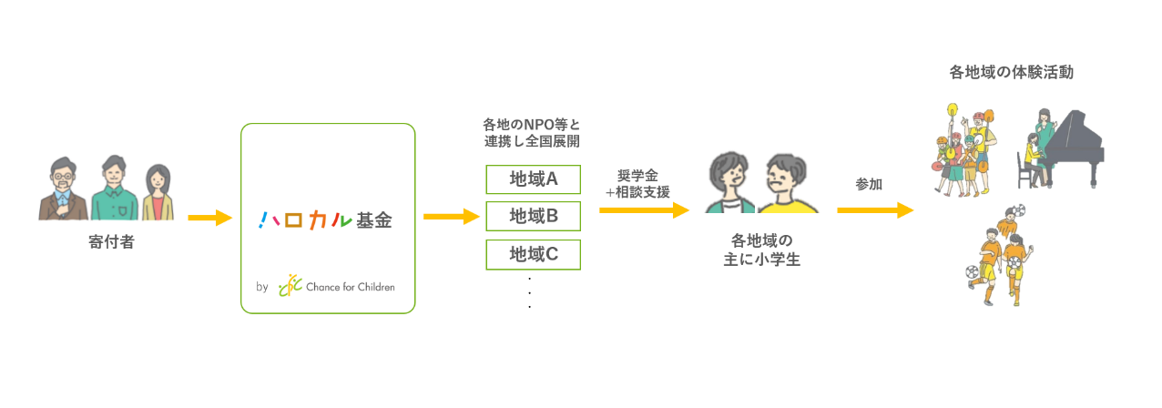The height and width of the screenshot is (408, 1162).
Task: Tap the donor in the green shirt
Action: click(x=114, y=189)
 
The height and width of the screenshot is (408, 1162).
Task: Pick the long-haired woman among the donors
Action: click(x=158, y=194)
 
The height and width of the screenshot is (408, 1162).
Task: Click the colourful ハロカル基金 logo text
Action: click(x=325, y=219)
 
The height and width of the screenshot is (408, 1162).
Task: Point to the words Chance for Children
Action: click(x=351, y=287)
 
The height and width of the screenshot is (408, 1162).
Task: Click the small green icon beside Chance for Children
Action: click(x=290, y=285)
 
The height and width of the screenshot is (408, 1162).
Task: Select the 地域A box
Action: click(x=533, y=179)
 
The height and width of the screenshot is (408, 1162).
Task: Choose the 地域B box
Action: click(x=533, y=217)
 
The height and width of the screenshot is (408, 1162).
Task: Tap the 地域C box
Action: click(x=533, y=254)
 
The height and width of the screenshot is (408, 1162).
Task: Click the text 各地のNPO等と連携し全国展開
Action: click(x=532, y=132)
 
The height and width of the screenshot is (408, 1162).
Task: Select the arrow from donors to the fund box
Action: click(x=209, y=218)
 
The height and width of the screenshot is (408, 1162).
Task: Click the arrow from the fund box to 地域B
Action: click(x=451, y=217)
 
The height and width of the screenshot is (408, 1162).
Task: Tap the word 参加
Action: click(x=869, y=184)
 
